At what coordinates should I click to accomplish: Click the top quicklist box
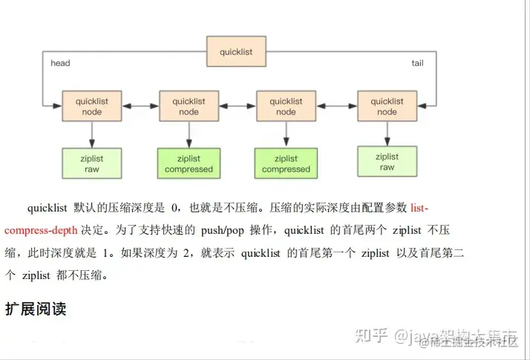click(235, 52)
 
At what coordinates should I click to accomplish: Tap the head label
click(60, 63)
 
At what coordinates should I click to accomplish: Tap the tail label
click(417, 63)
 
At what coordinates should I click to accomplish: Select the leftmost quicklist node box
click(92, 106)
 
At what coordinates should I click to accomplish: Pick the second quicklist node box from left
click(189, 106)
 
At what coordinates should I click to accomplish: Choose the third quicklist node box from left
click(286, 106)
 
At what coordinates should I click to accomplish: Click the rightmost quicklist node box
click(387, 106)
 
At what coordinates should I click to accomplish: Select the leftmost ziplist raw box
click(92, 163)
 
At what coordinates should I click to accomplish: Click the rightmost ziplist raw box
click(387, 162)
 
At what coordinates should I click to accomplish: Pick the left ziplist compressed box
click(189, 163)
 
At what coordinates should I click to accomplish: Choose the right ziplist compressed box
click(286, 163)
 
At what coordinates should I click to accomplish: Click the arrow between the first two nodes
click(140, 106)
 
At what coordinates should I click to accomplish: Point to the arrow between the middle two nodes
click(238, 106)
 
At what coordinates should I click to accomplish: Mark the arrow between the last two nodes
click(336, 106)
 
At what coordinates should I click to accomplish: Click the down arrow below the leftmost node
click(92, 135)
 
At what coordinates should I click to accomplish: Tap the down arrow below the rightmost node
click(387, 134)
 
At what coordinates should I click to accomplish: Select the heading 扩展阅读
click(36, 309)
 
